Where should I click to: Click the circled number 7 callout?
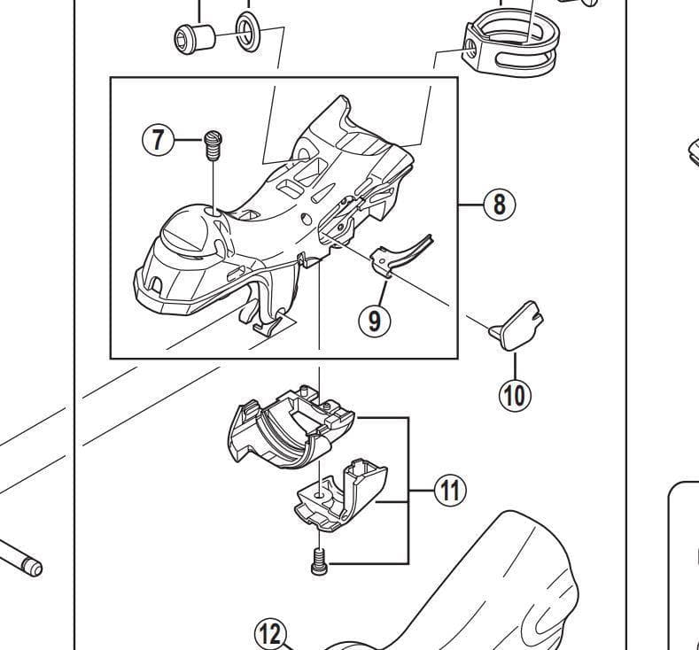click(159, 140)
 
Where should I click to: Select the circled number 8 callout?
click(499, 205)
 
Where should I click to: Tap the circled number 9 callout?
click(374, 320)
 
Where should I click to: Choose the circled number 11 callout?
click(451, 490)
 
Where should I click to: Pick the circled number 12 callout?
click(271, 634)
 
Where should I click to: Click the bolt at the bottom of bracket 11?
click(318, 561)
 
